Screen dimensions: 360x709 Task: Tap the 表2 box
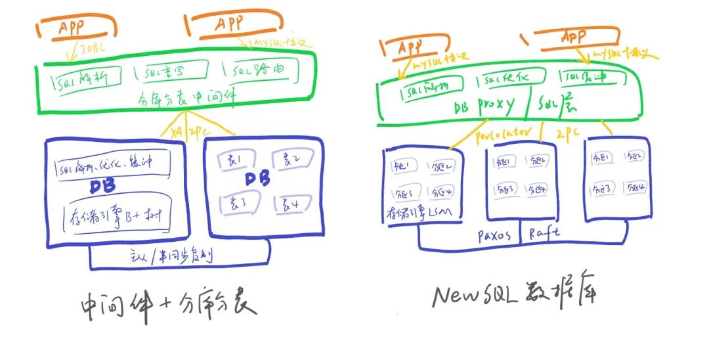click(287, 161)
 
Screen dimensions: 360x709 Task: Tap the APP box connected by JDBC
click(77, 28)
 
